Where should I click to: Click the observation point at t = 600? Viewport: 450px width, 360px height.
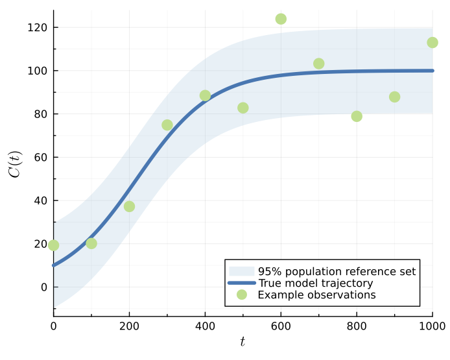pos(281,19)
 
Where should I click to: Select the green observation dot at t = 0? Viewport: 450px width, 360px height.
pos(53,245)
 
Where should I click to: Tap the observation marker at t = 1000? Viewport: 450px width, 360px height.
pos(432,43)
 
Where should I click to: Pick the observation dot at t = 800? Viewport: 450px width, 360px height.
pos(357,116)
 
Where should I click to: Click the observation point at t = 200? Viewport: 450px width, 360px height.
pos(129,206)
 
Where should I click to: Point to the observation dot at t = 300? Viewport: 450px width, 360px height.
pos(167,125)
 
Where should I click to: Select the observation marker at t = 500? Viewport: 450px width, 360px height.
pos(243,108)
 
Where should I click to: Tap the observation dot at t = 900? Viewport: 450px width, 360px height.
pos(394,97)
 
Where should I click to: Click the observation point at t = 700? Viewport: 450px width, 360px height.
pos(319,64)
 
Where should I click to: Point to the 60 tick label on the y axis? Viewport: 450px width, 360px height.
pos(41,157)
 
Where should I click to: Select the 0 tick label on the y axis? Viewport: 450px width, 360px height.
pos(43,287)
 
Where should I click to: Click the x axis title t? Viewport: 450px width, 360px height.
pos(243,342)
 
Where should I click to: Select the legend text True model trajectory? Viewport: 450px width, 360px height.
pos(315,283)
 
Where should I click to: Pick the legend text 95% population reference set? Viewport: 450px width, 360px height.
pos(337,271)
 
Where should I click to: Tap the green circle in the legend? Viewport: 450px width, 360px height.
pos(242,294)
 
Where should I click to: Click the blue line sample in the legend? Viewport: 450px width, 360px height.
pos(242,283)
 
